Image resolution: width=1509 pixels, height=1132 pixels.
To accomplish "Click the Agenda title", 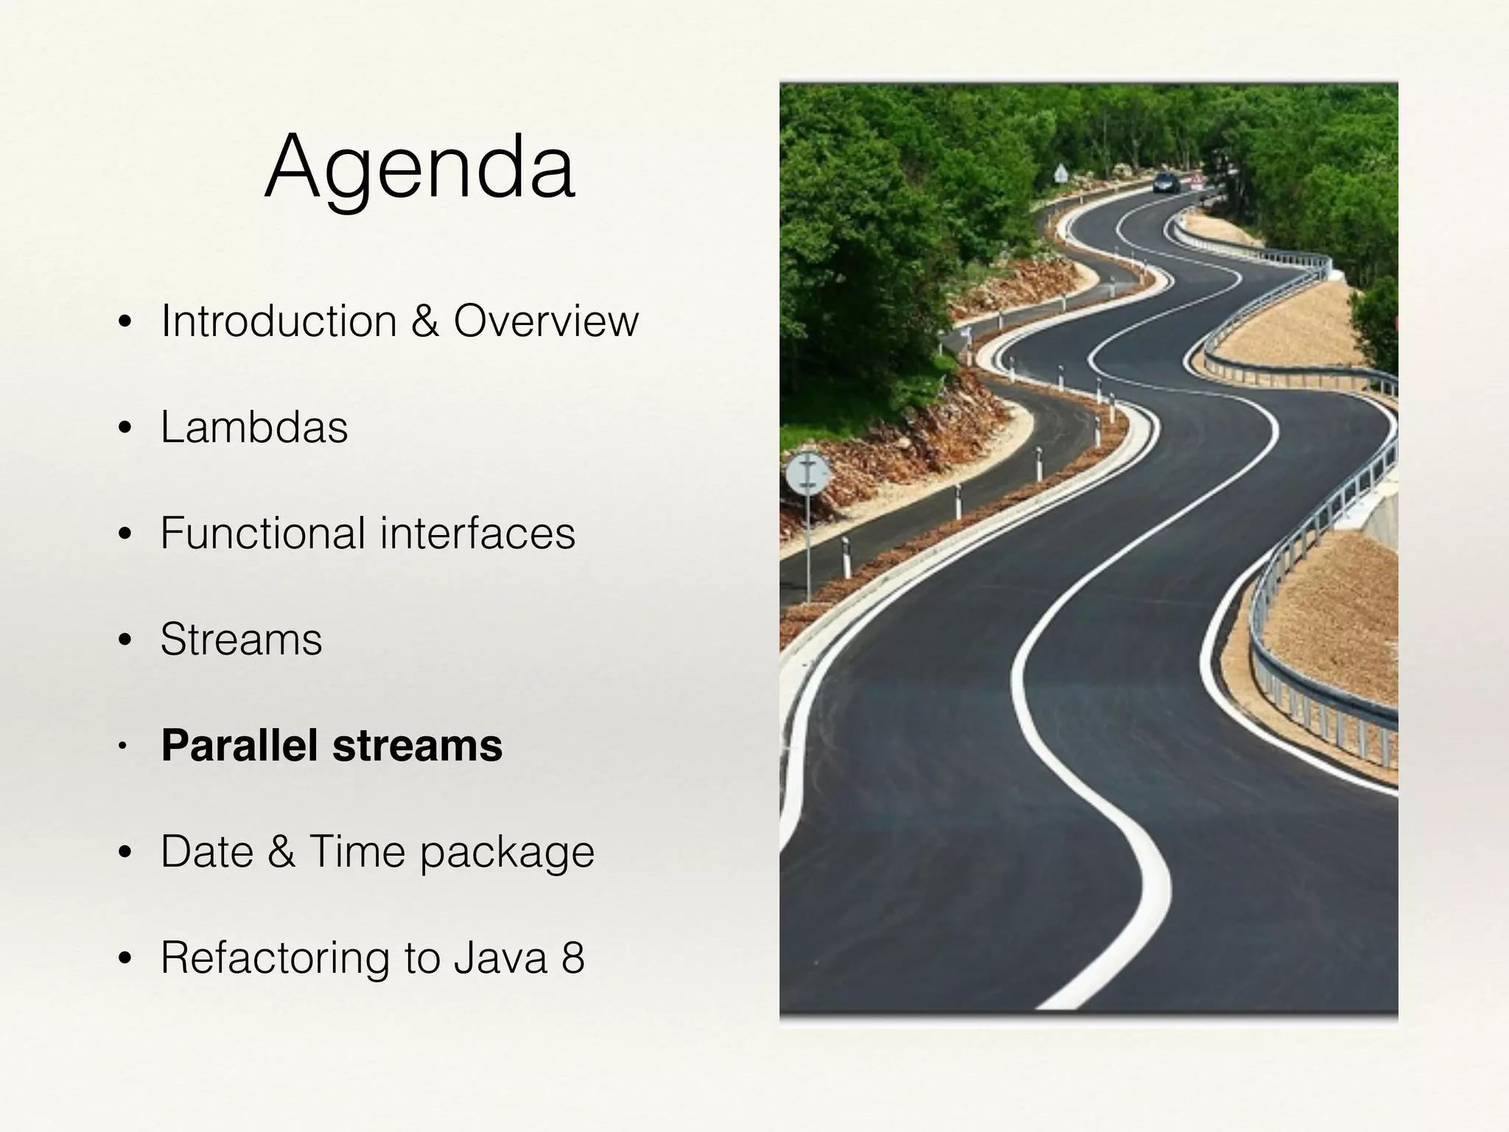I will pos(420,168).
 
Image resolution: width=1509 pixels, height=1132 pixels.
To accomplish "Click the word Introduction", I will pos(279,321).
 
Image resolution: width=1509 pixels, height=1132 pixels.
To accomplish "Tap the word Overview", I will pos(546,321).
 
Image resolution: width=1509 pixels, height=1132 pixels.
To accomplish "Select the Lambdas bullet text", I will pos(254,427).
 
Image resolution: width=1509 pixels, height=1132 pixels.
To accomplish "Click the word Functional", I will pos(263,533).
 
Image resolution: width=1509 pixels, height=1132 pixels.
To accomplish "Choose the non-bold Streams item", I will pos(242,639).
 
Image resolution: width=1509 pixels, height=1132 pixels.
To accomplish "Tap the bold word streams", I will pos(418,745).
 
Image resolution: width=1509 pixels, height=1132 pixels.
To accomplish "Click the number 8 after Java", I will pos(573,958).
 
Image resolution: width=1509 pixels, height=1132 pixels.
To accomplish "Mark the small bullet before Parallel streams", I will pos(124,747).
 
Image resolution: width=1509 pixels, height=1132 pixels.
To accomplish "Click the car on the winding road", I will pos(1166,182).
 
